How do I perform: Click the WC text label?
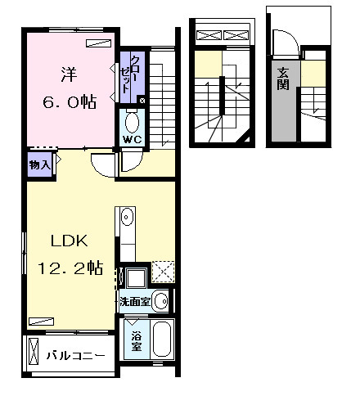tap(132, 140)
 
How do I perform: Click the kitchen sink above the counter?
tap(128, 218)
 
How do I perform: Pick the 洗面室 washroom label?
tap(133, 301)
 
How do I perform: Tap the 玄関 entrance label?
tap(282, 78)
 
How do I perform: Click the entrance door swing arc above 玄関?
tap(283, 41)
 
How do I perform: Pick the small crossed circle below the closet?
tap(142, 101)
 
